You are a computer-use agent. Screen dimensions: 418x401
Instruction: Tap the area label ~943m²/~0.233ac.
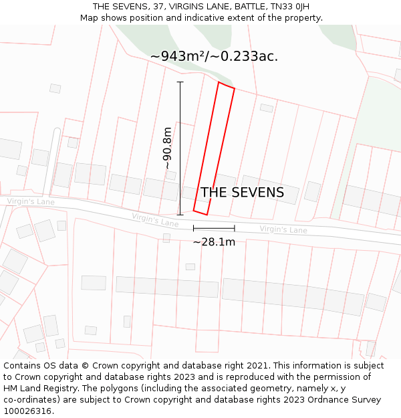214,56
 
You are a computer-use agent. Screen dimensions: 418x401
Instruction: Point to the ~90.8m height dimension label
167,148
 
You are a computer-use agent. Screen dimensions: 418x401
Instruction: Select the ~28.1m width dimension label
214,242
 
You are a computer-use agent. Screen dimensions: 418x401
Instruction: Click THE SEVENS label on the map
242,193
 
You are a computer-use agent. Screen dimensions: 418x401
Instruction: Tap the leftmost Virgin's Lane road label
31,201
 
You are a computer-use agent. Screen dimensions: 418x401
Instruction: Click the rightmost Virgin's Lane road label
283,229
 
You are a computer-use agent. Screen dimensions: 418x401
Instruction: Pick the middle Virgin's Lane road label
155,219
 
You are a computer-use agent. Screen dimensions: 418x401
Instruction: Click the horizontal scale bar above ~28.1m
214,228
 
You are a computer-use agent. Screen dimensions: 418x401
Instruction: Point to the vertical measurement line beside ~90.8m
180,148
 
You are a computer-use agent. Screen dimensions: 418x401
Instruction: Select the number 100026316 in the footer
27,411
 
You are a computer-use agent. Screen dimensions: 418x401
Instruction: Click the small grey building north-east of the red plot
267,108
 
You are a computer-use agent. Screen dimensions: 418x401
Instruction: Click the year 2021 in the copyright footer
257,366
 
